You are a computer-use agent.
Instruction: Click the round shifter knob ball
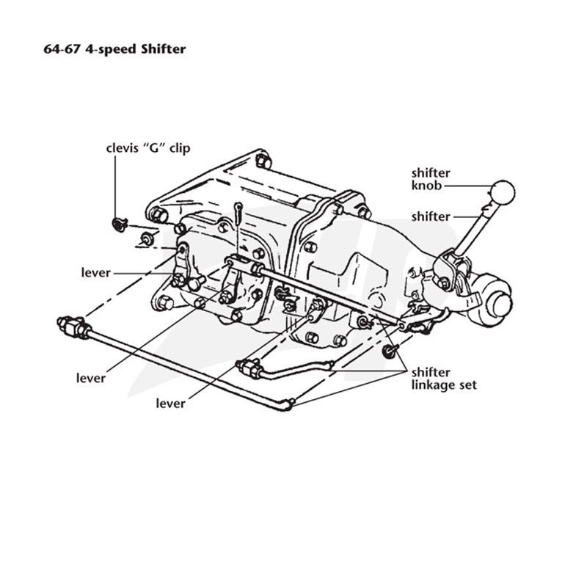point(503,192)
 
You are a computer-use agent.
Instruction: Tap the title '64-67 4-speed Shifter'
point(114,49)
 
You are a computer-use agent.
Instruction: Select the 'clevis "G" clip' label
point(148,148)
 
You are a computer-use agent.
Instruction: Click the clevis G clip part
point(120,224)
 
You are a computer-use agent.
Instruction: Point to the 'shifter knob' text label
point(431,179)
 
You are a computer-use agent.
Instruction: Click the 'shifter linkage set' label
point(444,379)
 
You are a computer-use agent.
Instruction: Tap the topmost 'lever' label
point(96,272)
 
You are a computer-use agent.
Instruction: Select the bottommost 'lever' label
point(170,403)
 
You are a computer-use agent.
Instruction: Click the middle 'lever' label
point(90,378)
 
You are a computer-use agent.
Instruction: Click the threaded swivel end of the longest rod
point(73,326)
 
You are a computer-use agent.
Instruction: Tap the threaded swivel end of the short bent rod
point(249,368)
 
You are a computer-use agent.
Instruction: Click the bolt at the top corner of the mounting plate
point(263,161)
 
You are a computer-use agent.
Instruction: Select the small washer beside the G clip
point(145,238)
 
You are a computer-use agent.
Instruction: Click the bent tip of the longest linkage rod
point(287,405)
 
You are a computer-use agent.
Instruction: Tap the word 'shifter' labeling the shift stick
point(431,216)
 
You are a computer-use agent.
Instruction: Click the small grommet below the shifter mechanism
point(388,351)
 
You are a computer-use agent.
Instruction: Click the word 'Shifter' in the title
point(163,49)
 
